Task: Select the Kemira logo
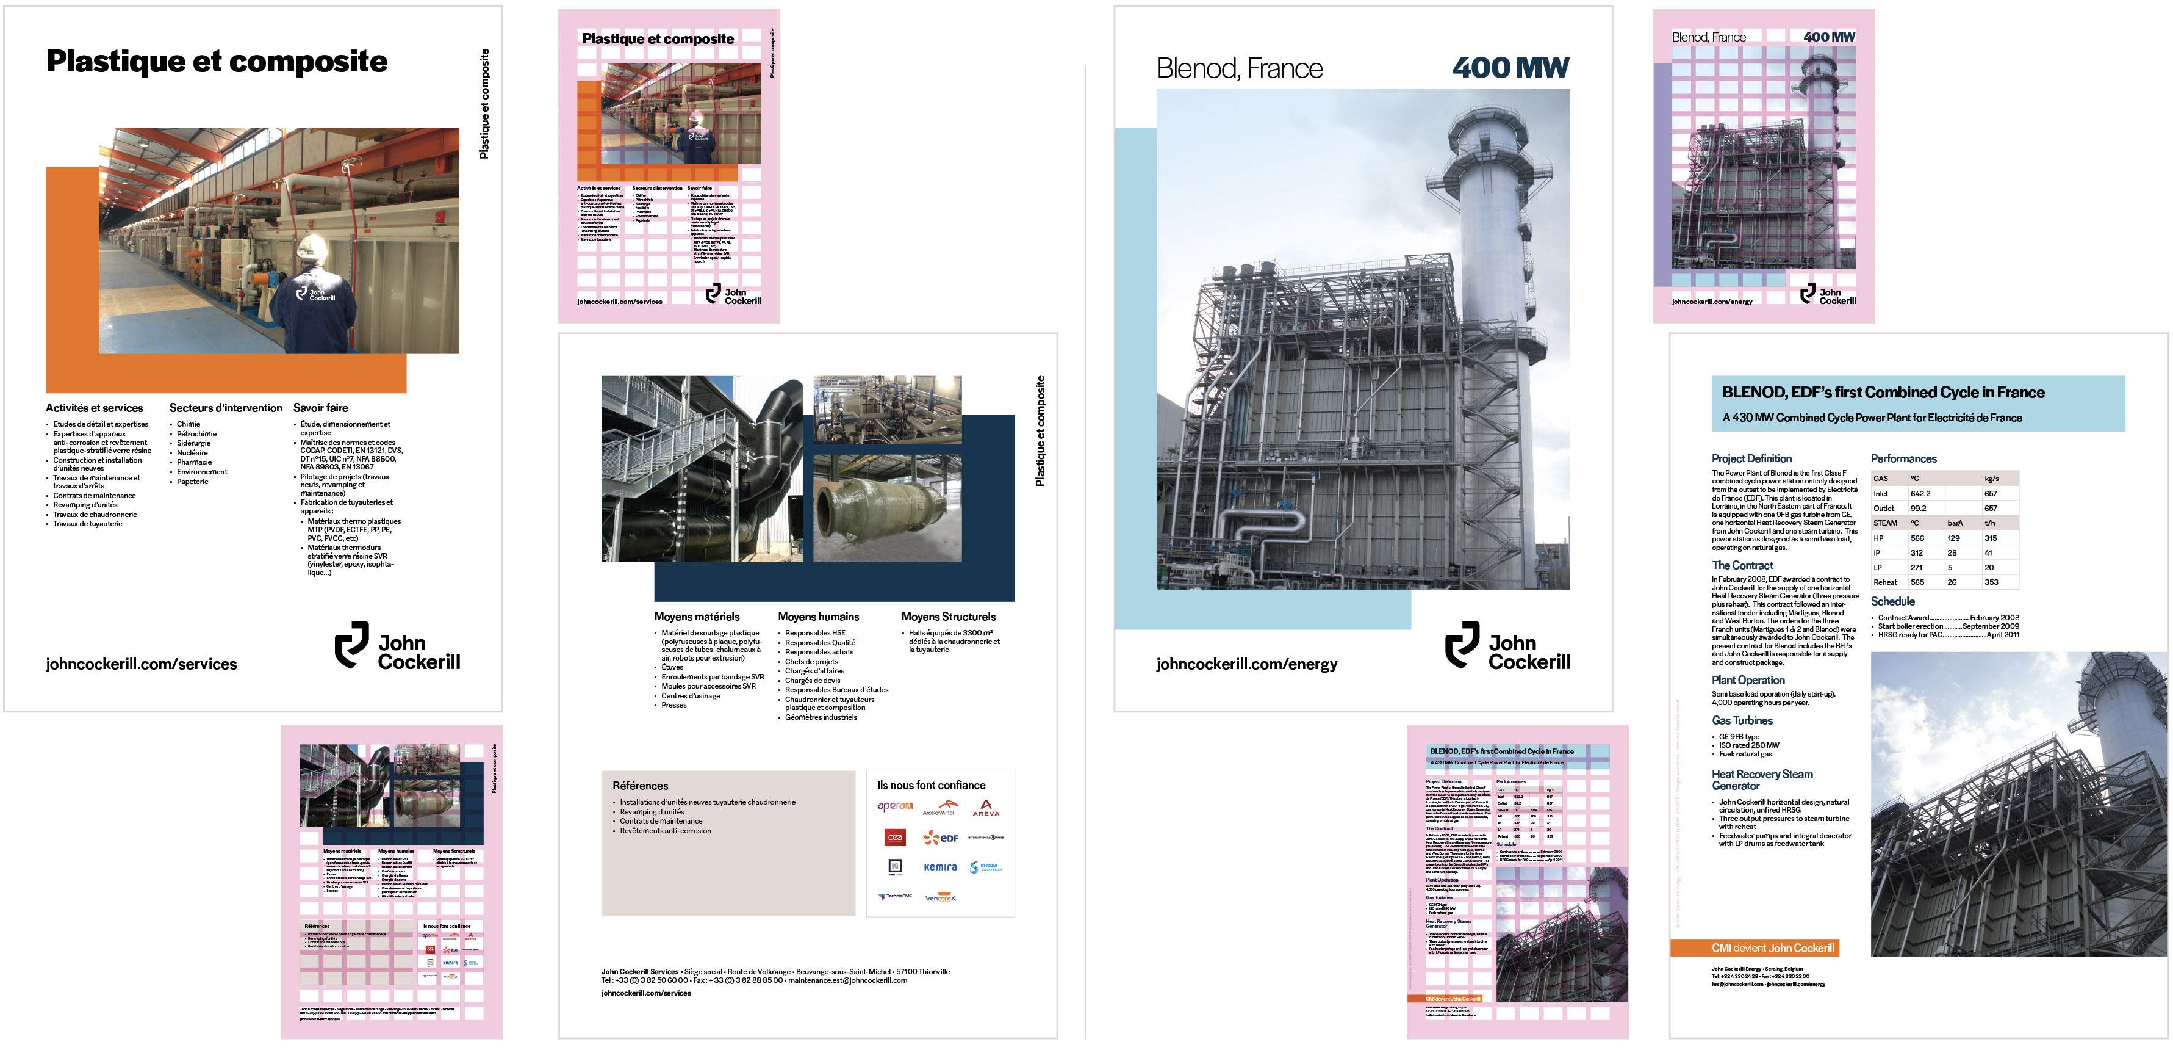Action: [x=939, y=867]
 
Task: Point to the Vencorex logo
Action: [x=939, y=897]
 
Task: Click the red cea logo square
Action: [x=895, y=838]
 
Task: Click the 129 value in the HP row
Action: [x=1953, y=538]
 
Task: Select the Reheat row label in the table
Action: [x=1885, y=582]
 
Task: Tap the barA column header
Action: [x=1955, y=523]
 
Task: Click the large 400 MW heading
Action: [x=1510, y=68]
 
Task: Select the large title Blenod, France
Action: [x=1239, y=68]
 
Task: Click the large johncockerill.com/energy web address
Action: [x=1246, y=664]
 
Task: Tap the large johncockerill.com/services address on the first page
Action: [x=141, y=664]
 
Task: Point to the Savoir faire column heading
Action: [x=320, y=408]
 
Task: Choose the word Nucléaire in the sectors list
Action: [x=192, y=452]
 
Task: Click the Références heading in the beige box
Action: [x=641, y=786]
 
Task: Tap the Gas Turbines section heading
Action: [x=1742, y=720]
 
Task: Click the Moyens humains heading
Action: [x=818, y=617]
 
